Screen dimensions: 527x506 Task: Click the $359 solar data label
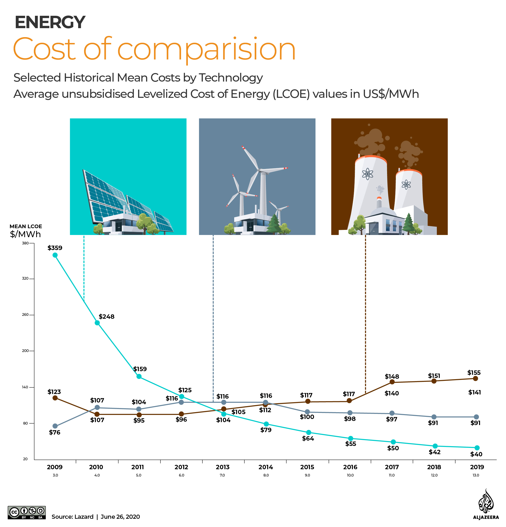click(x=55, y=248)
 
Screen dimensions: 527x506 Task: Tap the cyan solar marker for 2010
click(x=97, y=323)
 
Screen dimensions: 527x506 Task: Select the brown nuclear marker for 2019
click(x=475, y=379)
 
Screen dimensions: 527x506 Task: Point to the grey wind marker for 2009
click(x=55, y=426)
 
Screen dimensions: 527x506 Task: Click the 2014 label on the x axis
click(x=266, y=467)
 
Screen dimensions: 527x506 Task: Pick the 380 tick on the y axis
click(x=25, y=243)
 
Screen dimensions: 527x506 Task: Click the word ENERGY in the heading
click(x=50, y=22)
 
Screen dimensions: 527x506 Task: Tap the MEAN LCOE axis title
click(x=26, y=226)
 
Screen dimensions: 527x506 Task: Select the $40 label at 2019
click(x=476, y=454)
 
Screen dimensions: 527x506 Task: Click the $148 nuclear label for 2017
click(x=392, y=377)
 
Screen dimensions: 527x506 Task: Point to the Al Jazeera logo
click(x=486, y=504)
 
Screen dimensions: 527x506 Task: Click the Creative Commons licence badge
click(x=27, y=512)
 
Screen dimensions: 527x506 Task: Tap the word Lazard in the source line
click(x=84, y=517)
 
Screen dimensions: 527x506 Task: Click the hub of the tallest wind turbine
click(x=259, y=170)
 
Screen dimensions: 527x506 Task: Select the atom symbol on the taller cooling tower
click(x=367, y=174)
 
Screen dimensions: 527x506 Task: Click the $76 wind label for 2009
click(x=55, y=433)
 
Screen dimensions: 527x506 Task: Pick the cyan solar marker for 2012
click(x=182, y=397)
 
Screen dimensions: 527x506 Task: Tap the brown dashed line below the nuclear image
click(x=365, y=309)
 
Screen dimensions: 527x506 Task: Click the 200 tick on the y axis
click(x=25, y=351)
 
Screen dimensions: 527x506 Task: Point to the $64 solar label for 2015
click(x=308, y=439)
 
